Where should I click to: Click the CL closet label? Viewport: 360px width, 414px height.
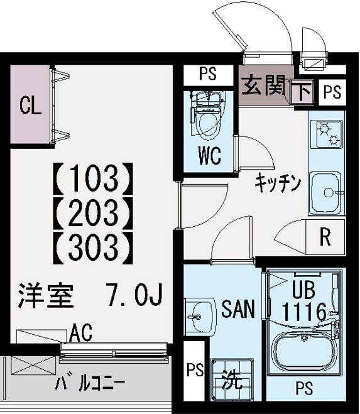[30, 105]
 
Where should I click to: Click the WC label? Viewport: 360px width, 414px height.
[210, 156]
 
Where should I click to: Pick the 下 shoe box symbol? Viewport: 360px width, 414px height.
[303, 93]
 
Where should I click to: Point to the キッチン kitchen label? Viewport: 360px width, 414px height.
[278, 183]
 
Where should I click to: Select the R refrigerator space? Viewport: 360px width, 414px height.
[325, 237]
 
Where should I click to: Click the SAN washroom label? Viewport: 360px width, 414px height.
[238, 309]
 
